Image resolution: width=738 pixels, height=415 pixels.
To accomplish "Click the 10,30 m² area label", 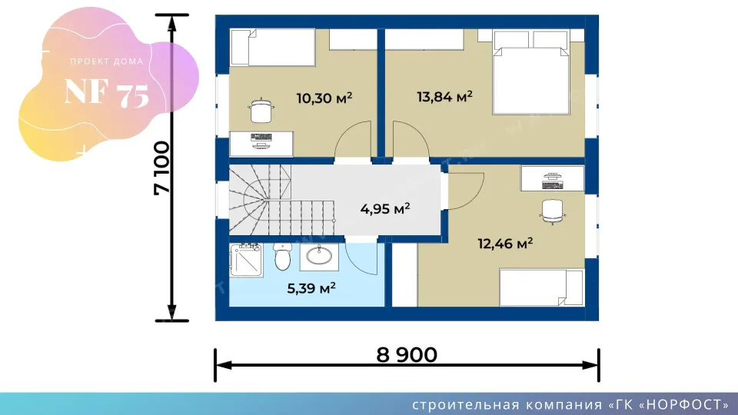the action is [x=324, y=98].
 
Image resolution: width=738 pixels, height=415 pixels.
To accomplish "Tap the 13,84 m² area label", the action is [x=445, y=97].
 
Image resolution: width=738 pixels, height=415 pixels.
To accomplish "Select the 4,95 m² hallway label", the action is [x=385, y=208].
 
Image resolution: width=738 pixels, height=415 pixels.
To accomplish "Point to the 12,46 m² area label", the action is [x=505, y=244].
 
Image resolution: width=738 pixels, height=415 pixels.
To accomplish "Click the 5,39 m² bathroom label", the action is [x=311, y=288].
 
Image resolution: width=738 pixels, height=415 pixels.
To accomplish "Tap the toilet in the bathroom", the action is [x=282, y=257].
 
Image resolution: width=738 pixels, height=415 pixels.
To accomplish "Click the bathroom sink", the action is [x=319, y=257].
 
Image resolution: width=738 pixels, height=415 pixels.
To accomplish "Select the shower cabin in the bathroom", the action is [x=247, y=260].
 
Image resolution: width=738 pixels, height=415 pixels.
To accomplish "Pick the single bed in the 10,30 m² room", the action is [x=272, y=48].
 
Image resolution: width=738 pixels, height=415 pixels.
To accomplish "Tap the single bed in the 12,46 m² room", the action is [x=541, y=287].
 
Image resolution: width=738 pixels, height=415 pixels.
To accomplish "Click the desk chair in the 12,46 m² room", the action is [x=552, y=211].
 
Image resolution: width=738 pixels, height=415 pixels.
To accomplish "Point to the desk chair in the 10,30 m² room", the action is [x=261, y=111].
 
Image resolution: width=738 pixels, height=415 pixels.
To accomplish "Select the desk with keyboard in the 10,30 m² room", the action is [x=261, y=144].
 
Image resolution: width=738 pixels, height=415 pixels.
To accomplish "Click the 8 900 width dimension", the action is [x=407, y=355].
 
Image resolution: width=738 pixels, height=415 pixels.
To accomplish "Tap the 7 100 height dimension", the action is [x=161, y=168].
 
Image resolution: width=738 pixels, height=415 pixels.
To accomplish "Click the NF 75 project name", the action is [x=107, y=93].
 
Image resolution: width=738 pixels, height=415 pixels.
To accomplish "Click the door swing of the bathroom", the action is [x=361, y=259].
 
